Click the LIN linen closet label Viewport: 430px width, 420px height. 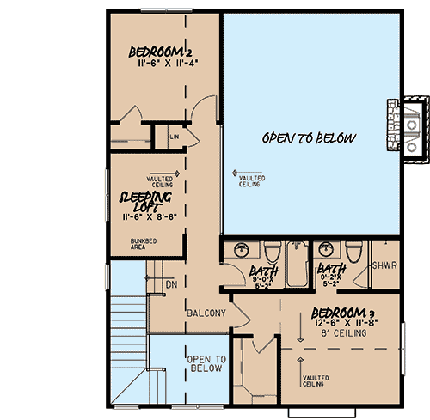(x=174, y=136)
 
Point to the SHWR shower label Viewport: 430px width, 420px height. (x=384, y=266)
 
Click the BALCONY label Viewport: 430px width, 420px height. (x=206, y=313)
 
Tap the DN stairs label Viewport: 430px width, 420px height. (x=170, y=283)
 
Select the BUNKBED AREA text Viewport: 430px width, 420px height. (x=144, y=245)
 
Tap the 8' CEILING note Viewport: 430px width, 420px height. (x=343, y=333)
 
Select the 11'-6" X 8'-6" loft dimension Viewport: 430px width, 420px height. (x=148, y=218)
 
